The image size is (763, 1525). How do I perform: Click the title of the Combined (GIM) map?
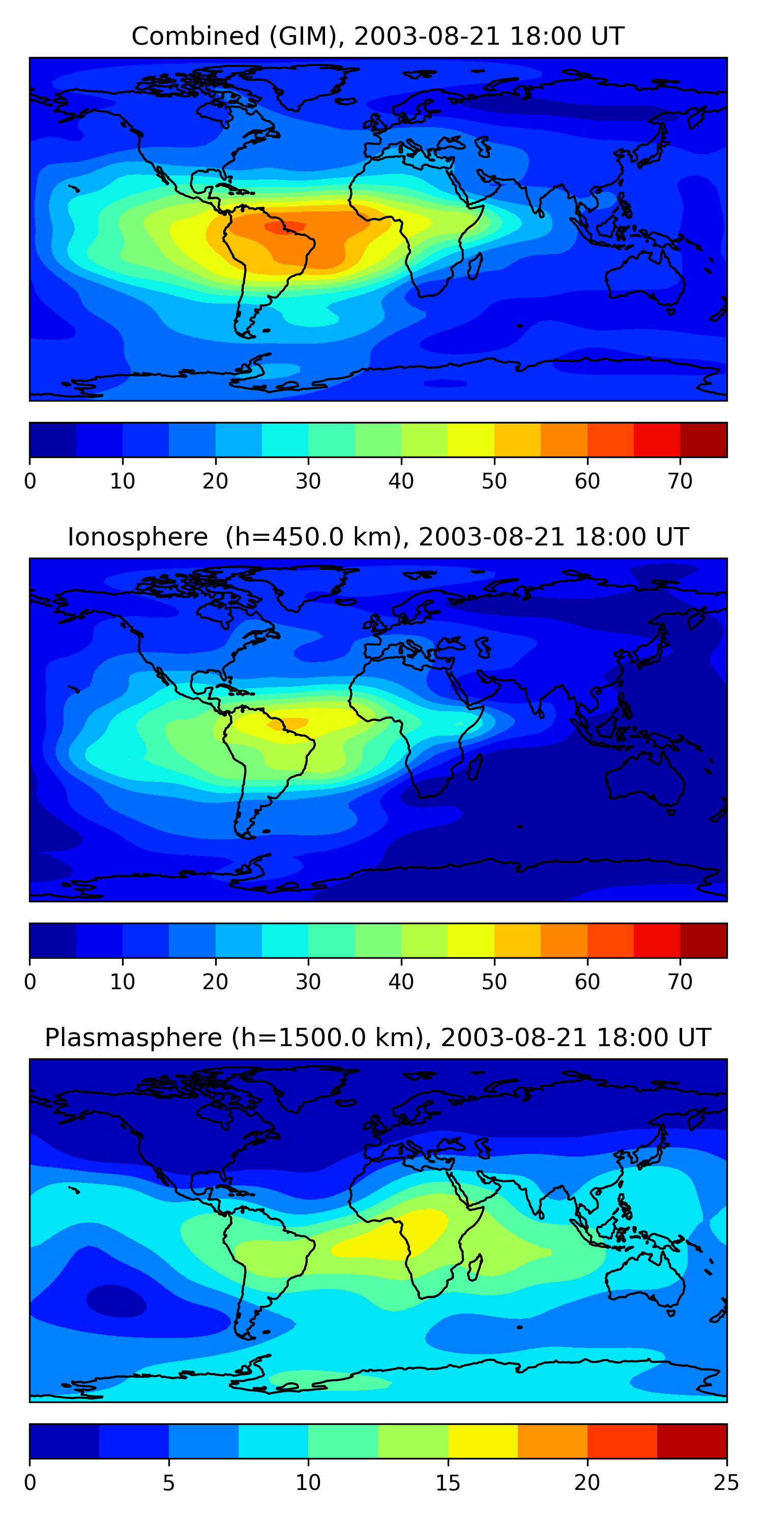[377, 36]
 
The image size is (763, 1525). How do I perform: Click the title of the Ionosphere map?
[377, 537]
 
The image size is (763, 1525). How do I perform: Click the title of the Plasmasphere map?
[377, 1038]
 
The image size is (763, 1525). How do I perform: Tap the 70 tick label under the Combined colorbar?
[680, 481]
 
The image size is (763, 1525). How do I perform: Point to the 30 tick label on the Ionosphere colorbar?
[308, 982]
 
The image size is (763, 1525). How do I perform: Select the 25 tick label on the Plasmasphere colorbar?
[726, 1483]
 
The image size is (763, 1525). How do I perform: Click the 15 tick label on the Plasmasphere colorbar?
[448, 1483]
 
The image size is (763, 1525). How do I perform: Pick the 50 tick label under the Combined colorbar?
[494, 481]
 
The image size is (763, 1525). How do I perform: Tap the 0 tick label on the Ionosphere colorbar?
[30, 982]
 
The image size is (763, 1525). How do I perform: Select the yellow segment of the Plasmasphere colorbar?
[482, 1442]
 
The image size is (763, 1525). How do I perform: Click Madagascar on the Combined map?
[475, 265]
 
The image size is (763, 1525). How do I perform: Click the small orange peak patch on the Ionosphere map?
[288, 723]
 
